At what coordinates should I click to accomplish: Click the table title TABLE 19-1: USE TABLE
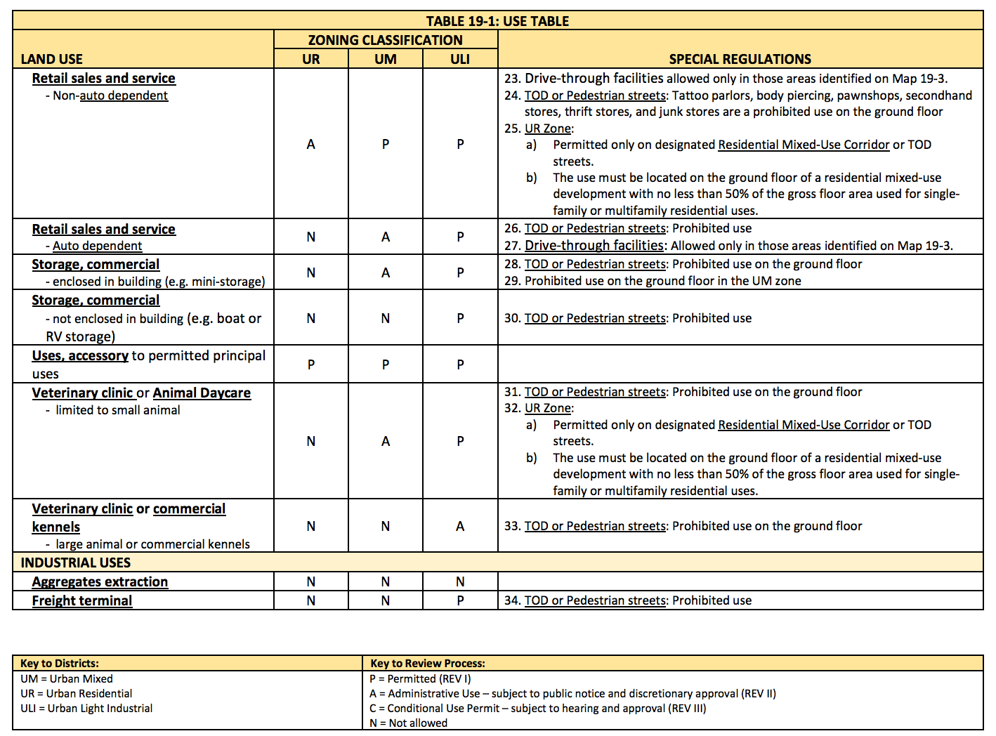(497, 21)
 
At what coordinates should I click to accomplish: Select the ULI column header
(460, 59)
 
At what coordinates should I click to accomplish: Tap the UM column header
(386, 59)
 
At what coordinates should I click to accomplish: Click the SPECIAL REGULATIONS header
(740, 59)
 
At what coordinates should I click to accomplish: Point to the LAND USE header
(52, 59)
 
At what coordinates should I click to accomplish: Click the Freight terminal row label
(82, 600)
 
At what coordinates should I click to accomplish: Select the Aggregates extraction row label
(100, 581)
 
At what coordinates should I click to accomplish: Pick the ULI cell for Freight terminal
(460, 600)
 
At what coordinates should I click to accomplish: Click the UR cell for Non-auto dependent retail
(311, 144)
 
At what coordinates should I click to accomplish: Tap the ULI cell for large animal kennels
(460, 526)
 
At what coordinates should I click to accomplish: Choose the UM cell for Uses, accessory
(386, 364)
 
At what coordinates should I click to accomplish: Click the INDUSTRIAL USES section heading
(76, 563)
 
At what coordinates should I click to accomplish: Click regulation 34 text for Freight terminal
(628, 600)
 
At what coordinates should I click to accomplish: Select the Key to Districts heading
(60, 663)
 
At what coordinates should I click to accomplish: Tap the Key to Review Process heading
(428, 663)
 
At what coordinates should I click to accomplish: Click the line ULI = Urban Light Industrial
(86, 708)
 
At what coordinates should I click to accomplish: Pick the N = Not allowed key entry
(409, 723)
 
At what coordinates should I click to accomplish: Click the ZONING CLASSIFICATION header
(386, 40)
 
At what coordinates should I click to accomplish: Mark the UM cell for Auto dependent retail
(386, 237)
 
